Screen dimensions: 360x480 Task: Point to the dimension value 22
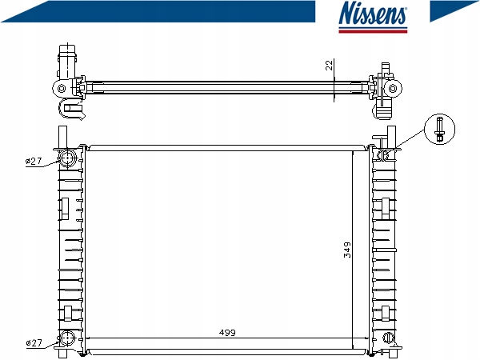329,66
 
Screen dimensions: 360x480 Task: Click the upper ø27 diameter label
34,162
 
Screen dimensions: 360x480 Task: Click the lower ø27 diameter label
34,343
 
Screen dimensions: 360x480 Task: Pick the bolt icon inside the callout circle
440,129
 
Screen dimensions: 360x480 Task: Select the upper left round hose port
69,157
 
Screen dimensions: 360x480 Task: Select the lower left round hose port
69,338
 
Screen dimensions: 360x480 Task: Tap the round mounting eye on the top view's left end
61,87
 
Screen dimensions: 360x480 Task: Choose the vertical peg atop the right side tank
390,137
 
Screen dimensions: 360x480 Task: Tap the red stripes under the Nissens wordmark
373,30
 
